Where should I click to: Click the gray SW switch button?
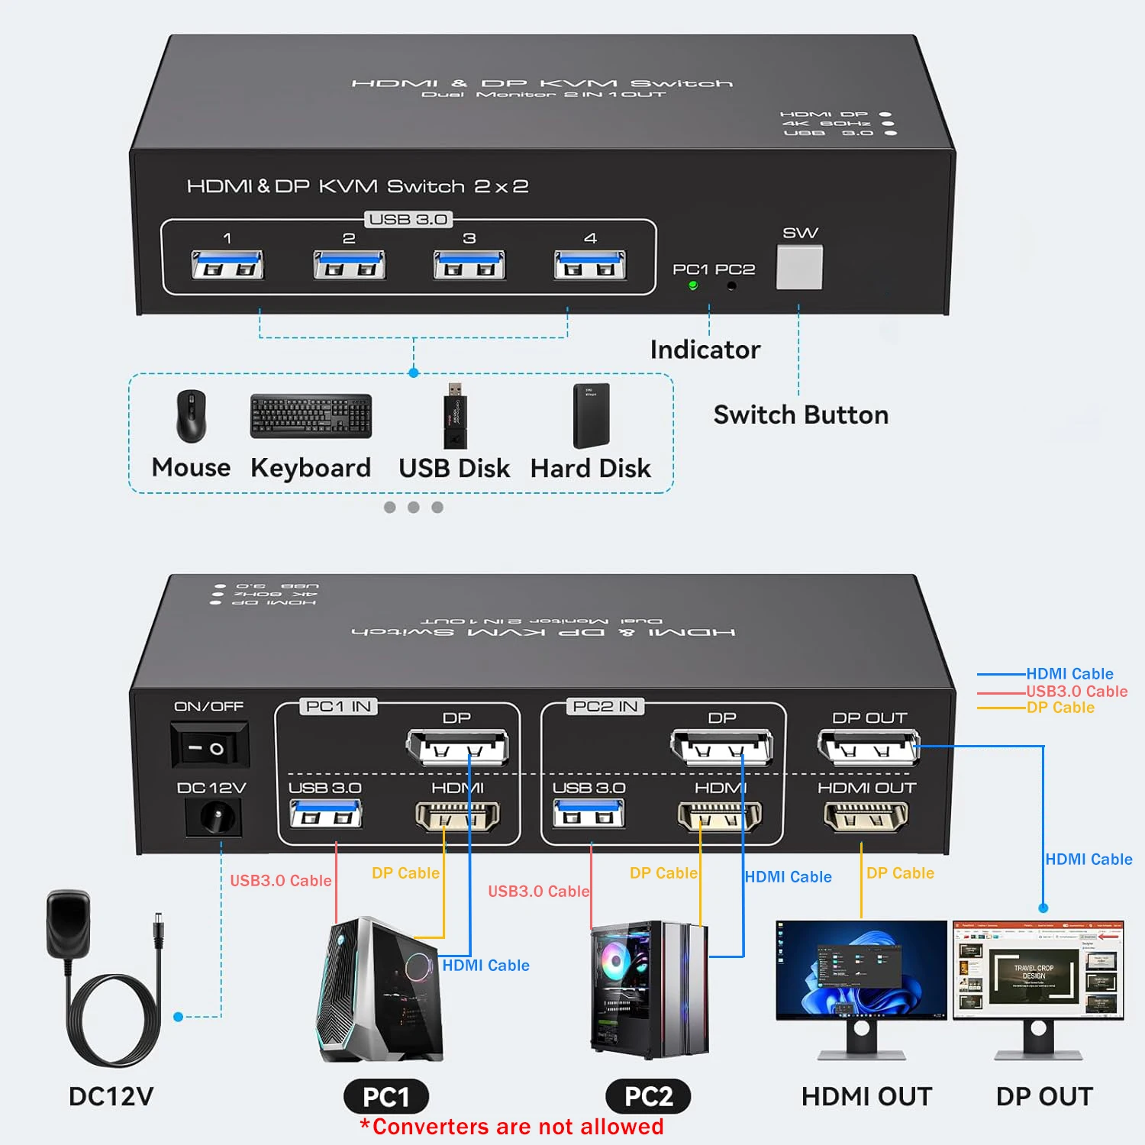pos(799,267)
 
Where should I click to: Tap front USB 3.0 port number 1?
pos(227,265)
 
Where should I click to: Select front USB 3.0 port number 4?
pos(590,265)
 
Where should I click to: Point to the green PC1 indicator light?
pos(693,285)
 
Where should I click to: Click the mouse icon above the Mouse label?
pos(191,416)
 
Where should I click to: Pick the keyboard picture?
pos(311,416)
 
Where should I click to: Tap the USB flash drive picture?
pos(455,416)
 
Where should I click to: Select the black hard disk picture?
pos(592,415)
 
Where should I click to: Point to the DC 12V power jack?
pos(213,818)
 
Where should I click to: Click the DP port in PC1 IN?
pos(457,747)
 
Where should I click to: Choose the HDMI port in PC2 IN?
pos(720,817)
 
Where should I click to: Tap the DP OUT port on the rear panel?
pos(868,747)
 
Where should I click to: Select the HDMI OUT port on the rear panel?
pos(866,817)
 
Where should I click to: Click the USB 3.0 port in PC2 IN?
pos(589,814)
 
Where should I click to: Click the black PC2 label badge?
pos(648,1096)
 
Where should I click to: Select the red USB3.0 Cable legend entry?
pos(1076,691)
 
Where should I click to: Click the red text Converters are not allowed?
pos(511,1127)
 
